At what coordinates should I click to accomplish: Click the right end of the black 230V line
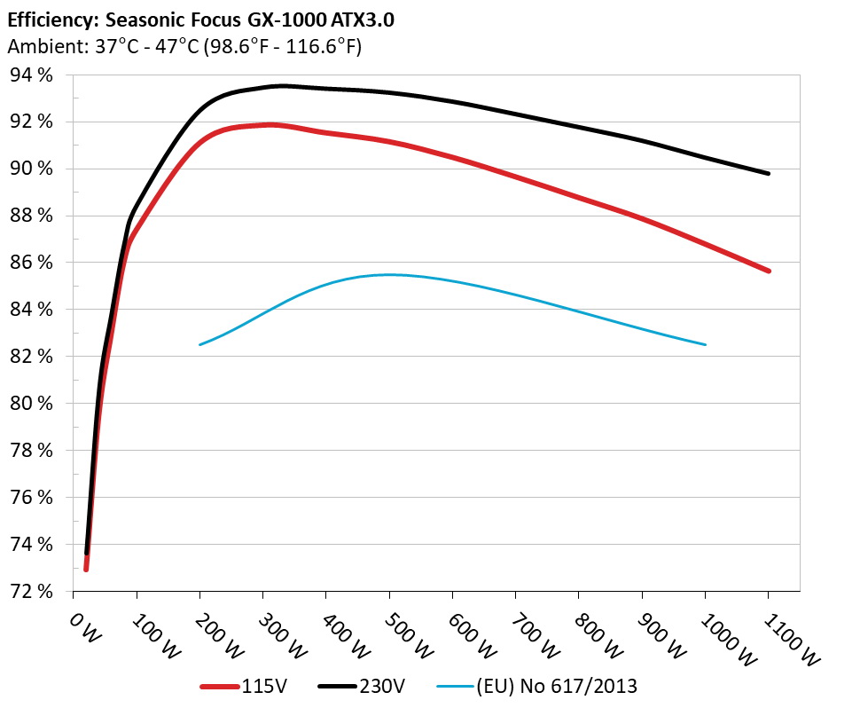(768, 173)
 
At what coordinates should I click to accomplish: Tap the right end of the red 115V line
(768, 271)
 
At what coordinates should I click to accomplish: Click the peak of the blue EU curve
(390, 275)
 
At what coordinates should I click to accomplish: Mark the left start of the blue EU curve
(200, 344)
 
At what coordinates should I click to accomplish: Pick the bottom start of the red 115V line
(86, 569)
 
